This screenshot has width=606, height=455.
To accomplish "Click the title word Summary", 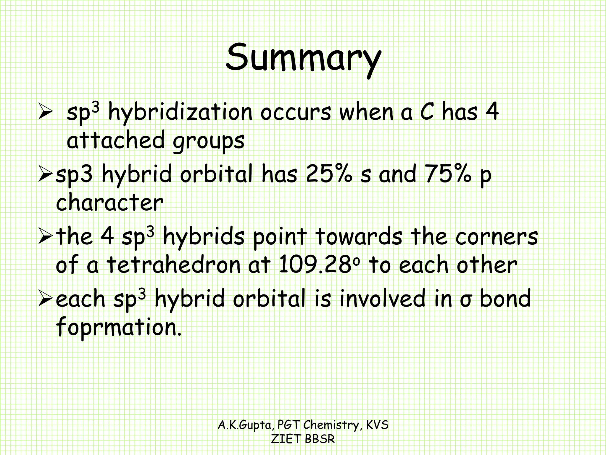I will (x=303, y=58).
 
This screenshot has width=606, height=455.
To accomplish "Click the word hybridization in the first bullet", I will (x=180, y=113).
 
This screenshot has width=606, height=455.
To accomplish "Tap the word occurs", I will (x=296, y=113).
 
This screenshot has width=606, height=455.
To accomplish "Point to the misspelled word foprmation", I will (x=118, y=327).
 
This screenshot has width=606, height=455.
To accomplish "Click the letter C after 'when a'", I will (x=427, y=113).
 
